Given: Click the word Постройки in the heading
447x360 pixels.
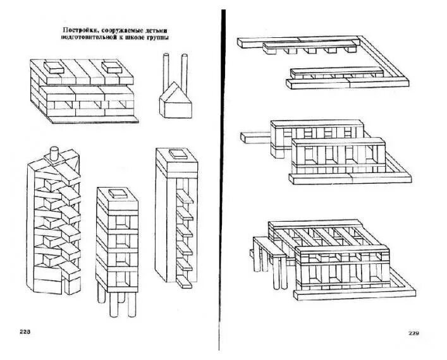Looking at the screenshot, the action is pos(78,29).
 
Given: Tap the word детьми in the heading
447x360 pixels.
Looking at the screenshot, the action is pos(160,29).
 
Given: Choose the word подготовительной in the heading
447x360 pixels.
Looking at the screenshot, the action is pos(90,37).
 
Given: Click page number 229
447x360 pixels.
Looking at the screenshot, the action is pos(413,333).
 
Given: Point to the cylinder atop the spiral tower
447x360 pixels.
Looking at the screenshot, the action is pos(54,152).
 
